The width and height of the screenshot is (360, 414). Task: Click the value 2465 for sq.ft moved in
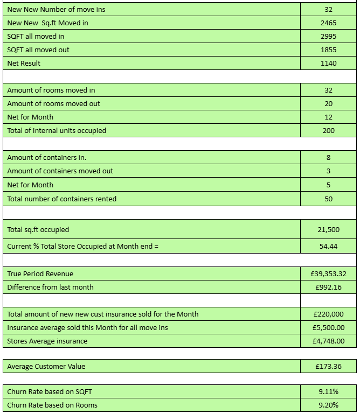[x=328, y=23]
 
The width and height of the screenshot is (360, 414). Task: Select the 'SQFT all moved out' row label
[x=38, y=50]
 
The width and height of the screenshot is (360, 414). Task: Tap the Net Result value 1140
[x=328, y=63]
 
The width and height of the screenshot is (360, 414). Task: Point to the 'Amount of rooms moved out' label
[x=53, y=103]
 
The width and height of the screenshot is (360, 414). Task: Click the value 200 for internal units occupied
[x=328, y=130]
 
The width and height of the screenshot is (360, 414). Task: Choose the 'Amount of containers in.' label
[x=47, y=157]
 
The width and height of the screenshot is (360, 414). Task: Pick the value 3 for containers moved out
[x=328, y=171]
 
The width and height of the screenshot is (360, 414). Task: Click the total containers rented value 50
[x=328, y=199]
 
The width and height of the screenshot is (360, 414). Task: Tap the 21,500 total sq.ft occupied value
[x=328, y=229]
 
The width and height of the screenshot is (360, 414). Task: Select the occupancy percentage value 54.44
[x=328, y=246]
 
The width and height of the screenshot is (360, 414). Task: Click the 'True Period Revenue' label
[x=40, y=273]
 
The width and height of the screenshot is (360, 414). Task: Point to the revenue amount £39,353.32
[x=328, y=273]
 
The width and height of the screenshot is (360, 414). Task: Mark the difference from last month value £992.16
[x=328, y=287]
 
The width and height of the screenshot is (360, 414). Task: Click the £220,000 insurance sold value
[x=328, y=314]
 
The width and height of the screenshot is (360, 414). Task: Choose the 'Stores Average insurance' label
[x=47, y=341]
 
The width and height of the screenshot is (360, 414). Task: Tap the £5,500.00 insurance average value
[x=328, y=327]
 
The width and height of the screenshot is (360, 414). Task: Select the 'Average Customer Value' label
[x=46, y=366]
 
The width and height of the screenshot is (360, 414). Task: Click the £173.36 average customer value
[x=328, y=366]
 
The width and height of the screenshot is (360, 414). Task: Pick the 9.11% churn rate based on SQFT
[x=328, y=391]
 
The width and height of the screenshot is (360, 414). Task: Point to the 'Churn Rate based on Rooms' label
[x=52, y=405]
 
